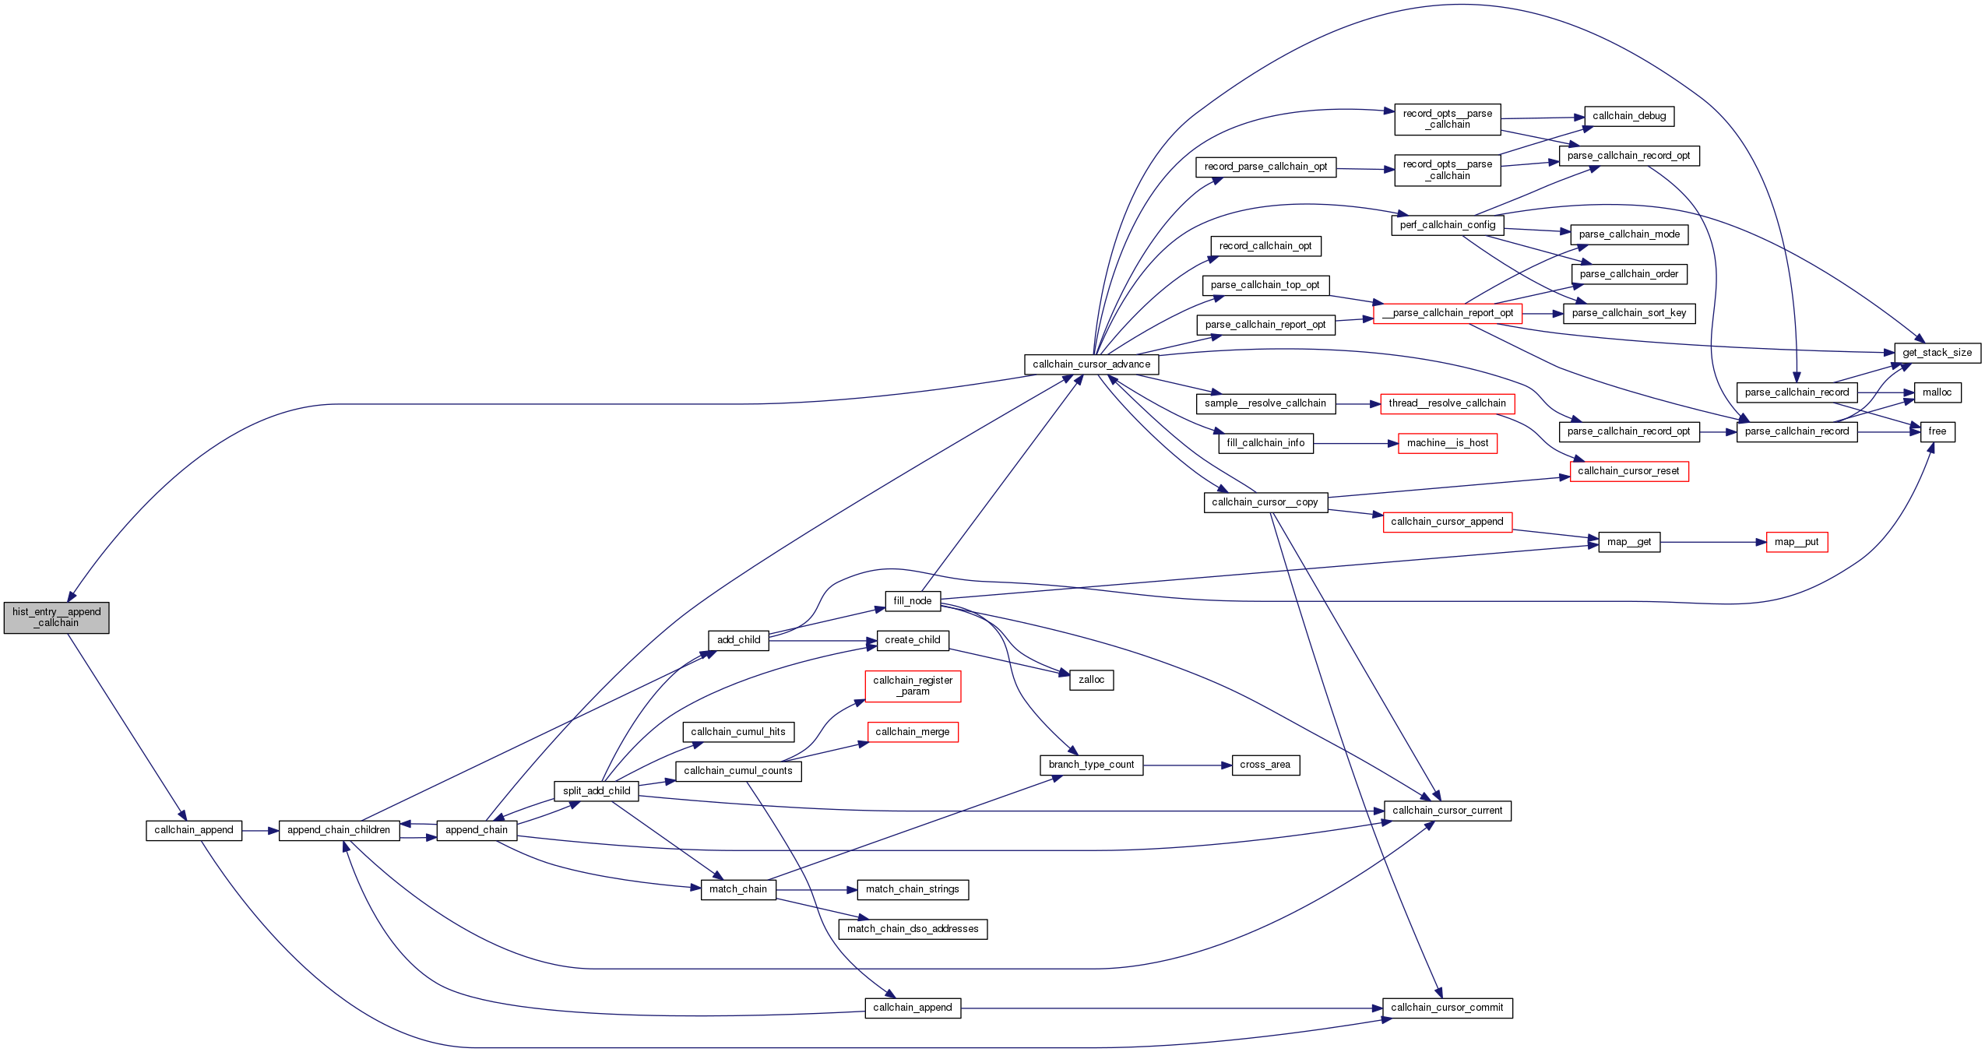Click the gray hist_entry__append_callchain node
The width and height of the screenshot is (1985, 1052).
point(56,617)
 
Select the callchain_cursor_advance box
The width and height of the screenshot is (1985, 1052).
point(1091,364)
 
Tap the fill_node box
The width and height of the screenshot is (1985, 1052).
point(912,601)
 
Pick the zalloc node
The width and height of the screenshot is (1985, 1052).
point(1091,680)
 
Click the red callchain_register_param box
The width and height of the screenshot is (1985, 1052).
point(913,686)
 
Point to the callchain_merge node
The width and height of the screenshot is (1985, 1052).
point(913,732)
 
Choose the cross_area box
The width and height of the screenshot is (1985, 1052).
point(1265,765)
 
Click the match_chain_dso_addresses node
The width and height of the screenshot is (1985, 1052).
point(913,929)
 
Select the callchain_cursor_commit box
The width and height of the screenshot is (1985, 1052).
point(1447,1008)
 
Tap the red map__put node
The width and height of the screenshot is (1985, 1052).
point(1797,542)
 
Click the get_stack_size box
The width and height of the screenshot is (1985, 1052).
point(1937,353)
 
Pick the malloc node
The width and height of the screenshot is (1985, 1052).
point(1937,392)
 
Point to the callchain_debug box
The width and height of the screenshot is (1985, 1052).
point(1629,116)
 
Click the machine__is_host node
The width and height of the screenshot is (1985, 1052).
point(1447,443)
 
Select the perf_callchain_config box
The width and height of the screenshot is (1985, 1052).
point(1447,225)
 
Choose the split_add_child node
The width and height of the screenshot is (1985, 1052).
point(597,791)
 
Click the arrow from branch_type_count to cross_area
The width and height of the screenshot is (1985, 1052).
point(1188,765)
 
